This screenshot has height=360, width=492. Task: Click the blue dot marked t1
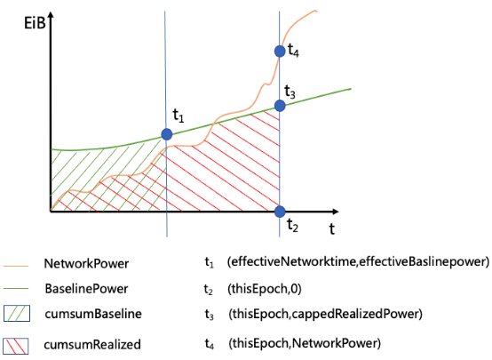pos(167,134)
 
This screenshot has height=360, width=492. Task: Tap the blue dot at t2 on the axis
pos(280,212)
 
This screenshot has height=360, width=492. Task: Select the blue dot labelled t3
pos(280,106)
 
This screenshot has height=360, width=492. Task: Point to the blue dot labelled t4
pos(280,51)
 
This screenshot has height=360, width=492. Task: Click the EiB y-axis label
pos(35,23)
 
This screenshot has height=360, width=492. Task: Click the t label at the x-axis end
pos(331,228)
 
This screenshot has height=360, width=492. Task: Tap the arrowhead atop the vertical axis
pos(51,15)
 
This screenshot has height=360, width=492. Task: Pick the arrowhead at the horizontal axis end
pos(335,212)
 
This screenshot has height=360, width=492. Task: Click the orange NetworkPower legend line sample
pos(16,266)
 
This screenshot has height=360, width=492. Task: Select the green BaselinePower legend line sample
pos(16,288)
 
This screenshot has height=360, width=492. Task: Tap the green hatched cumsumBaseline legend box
pos(17,314)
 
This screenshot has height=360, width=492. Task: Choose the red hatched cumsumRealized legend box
pos(16,346)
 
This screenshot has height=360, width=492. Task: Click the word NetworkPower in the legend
pos(86,264)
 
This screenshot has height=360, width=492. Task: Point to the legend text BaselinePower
pos(86,289)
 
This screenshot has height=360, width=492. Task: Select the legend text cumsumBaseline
pos(93,314)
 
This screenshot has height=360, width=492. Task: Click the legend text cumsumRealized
pos(92,345)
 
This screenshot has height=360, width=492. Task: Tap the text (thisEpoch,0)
pos(265,289)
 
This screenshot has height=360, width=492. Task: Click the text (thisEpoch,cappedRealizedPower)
pos(325,314)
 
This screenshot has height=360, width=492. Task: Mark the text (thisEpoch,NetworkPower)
pos(305,343)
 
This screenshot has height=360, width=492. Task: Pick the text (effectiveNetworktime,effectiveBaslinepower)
pos(358,261)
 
